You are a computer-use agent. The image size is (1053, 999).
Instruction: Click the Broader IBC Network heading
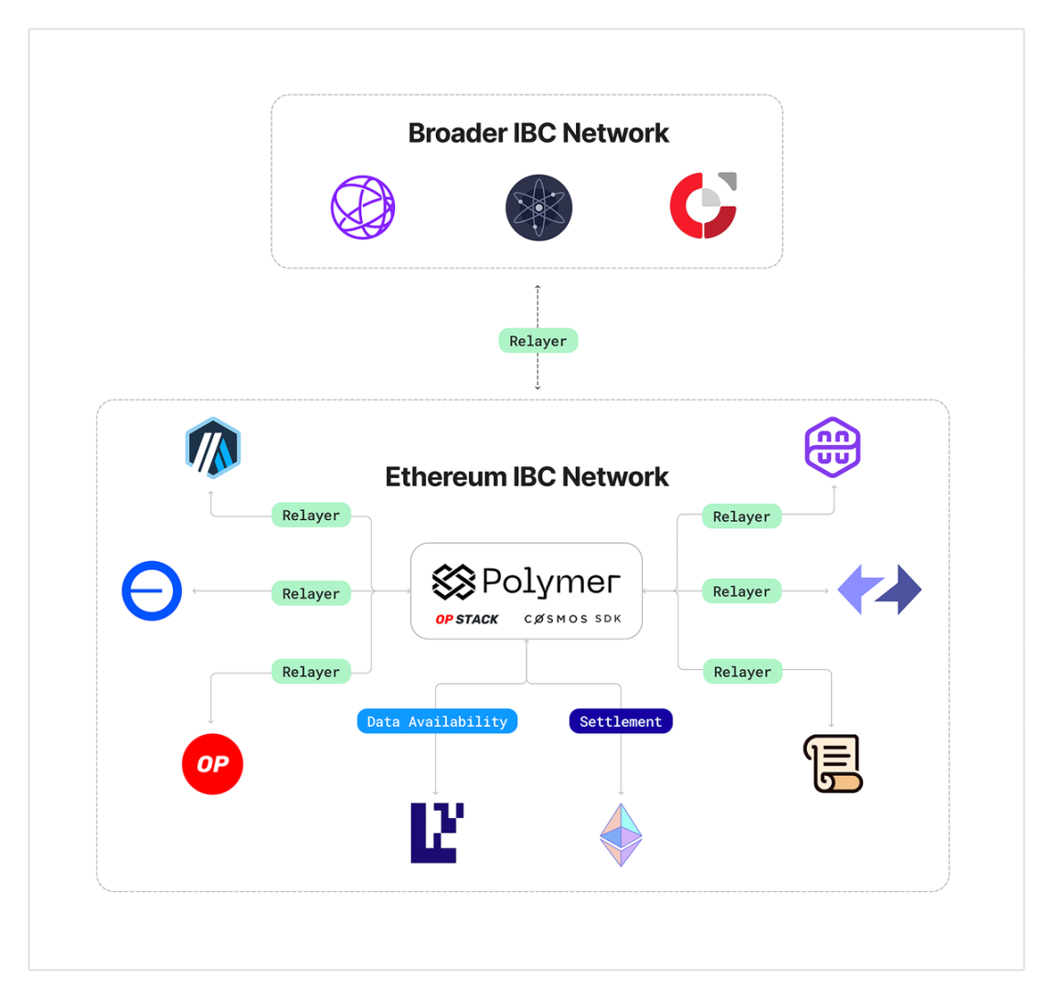(537, 133)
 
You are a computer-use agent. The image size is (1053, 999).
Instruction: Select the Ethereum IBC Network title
(526, 477)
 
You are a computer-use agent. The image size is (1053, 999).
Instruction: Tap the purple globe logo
(363, 207)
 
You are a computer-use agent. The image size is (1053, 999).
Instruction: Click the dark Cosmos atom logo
(538, 207)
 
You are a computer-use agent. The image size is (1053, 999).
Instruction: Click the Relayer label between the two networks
(537, 341)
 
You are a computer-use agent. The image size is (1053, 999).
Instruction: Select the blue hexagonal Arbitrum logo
(213, 448)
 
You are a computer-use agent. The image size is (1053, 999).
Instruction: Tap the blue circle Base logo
(152, 590)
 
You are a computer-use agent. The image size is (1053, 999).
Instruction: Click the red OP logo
(212, 764)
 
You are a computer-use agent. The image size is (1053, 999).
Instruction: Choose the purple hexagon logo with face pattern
(832, 447)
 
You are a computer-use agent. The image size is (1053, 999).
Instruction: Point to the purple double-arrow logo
(879, 590)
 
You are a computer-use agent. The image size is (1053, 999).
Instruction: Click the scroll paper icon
(833, 763)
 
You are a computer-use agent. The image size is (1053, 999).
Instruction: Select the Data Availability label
(437, 721)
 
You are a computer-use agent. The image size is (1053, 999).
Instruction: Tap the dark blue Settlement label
(621, 721)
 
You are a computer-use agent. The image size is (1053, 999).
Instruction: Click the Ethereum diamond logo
(621, 834)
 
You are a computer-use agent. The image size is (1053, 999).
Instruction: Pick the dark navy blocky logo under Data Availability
(437, 833)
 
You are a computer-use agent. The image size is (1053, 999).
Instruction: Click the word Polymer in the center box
(550, 581)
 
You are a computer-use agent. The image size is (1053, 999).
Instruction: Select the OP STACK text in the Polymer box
(467, 619)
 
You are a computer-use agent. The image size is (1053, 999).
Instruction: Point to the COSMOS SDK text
(573, 619)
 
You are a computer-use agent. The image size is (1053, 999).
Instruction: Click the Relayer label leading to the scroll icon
(741, 672)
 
